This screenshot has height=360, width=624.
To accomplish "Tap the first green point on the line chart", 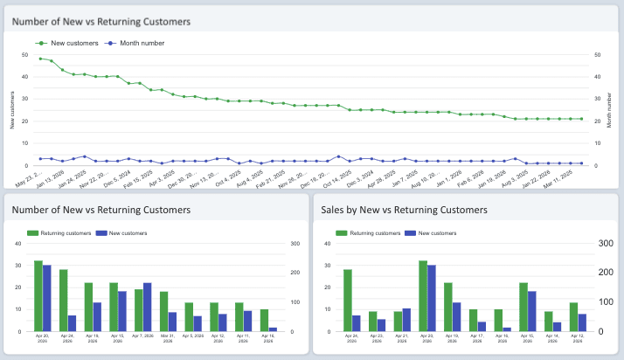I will pos(40,59).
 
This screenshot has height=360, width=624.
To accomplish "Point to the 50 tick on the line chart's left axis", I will pos(24,54).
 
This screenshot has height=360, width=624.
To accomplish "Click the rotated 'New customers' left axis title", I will pos(13,110).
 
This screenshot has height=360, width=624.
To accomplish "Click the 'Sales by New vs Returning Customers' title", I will pos(404,210).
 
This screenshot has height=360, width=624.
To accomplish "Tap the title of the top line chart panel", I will pos(101,21).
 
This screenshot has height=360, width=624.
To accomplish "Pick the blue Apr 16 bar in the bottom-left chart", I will pos(274,329).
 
